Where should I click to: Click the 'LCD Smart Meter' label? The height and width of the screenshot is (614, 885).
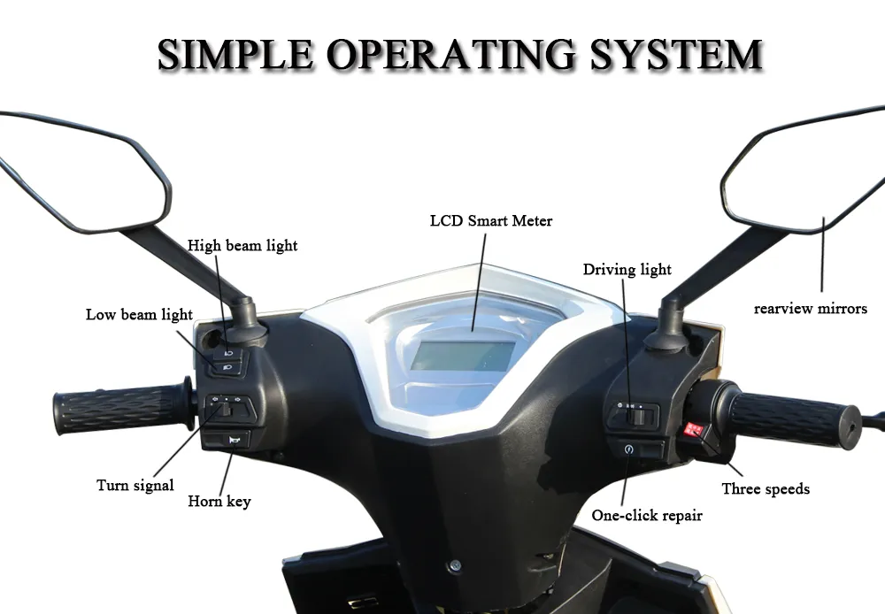[x=490, y=220]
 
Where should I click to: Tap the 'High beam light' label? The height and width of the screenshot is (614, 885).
[x=242, y=245]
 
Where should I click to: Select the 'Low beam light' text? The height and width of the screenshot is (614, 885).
[x=139, y=314]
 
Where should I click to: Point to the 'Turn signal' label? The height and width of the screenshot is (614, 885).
[x=135, y=485]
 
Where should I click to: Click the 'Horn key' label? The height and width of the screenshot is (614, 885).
[x=219, y=502]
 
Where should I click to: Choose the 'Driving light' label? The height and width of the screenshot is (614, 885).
[x=627, y=269]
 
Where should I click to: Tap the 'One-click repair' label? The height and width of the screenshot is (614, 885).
[x=647, y=515]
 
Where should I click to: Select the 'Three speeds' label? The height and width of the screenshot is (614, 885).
[x=766, y=488]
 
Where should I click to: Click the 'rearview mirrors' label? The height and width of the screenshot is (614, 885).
[x=810, y=309]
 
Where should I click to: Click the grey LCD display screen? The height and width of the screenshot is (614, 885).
[x=463, y=356]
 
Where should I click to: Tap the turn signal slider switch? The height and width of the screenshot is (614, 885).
[x=227, y=408]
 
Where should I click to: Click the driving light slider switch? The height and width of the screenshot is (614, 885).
[x=635, y=412]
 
